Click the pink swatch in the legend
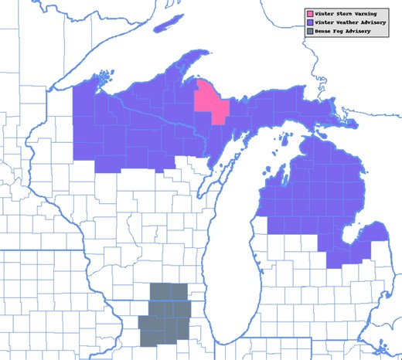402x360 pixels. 310,14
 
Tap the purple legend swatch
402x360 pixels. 310,24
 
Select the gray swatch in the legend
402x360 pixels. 310,33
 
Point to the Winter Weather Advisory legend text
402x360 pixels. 349,24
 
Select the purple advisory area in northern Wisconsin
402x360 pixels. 116,131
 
